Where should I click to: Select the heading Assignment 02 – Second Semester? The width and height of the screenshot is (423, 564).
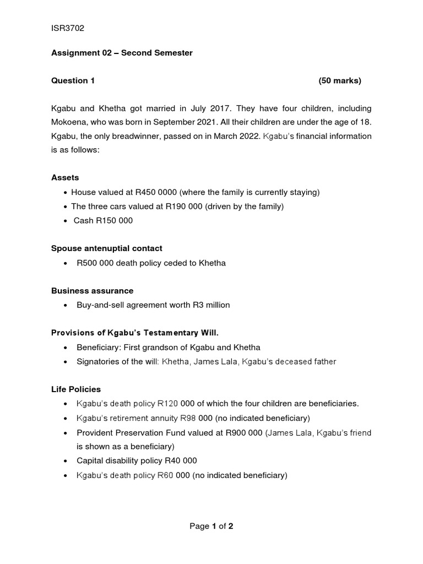coord(122,53)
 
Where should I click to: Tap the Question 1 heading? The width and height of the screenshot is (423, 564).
coord(73,80)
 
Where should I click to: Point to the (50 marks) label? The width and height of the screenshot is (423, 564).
coord(339,80)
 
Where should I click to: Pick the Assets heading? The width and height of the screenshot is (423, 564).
coord(65,177)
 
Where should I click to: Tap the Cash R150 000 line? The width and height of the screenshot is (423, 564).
coord(103,220)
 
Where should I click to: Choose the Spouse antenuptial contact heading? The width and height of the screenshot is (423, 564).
coord(106,248)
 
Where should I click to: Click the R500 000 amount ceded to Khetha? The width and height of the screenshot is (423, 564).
coord(95,263)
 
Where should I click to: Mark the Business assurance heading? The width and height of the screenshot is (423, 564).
coord(92,290)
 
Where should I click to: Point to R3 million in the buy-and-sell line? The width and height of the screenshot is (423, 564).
coord(211,305)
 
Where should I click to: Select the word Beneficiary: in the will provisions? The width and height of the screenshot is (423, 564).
coord(99,347)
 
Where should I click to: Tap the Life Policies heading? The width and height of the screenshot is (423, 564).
coord(76,389)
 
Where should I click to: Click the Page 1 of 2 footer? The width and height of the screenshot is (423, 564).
coord(211,526)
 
